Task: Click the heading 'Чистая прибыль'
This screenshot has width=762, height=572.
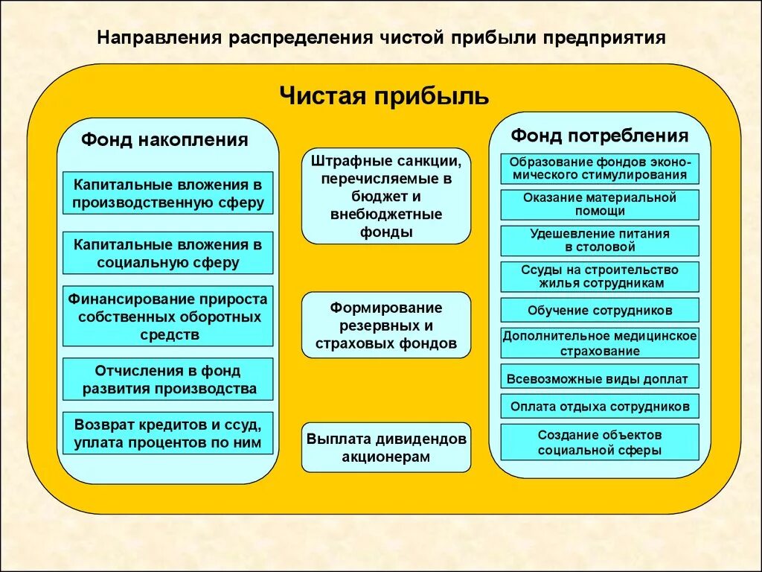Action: (384, 96)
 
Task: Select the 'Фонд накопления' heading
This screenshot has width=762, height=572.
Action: (164, 140)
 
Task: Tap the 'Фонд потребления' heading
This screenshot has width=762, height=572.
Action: (599, 136)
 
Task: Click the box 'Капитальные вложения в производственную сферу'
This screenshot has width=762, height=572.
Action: (168, 193)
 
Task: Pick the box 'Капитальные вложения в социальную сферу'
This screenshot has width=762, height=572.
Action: (168, 253)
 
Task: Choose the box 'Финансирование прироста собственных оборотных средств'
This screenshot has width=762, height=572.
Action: (168, 317)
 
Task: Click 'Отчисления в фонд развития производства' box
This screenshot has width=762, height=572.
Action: (168, 379)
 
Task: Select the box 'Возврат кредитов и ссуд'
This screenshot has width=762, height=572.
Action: (168, 433)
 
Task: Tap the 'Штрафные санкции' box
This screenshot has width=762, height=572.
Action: (386, 196)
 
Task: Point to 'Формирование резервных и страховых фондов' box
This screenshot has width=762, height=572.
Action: (386, 326)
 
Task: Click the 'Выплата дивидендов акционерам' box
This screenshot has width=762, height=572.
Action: (386, 448)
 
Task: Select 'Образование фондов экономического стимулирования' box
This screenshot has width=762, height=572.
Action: (600, 168)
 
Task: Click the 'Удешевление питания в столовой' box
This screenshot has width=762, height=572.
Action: (600, 241)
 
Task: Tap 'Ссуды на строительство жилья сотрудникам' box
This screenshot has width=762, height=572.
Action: (600, 276)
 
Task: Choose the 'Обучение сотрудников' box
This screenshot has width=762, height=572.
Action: (600, 311)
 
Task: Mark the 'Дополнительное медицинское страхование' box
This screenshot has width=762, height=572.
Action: (600, 343)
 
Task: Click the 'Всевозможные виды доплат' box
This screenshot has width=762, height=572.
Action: (600, 378)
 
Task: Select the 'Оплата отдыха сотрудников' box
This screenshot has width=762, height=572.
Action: (600, 407)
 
